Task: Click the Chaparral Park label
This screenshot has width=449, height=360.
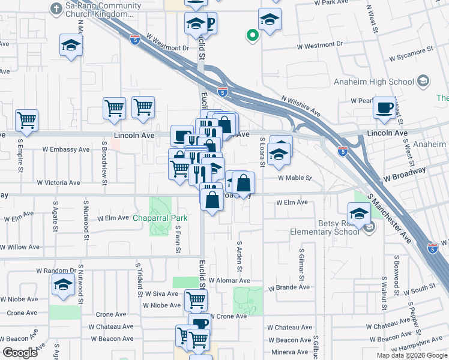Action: pyautogui.click(x=160, y=218)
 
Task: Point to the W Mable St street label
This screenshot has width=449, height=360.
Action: pyautogui.click(x=295, y=178)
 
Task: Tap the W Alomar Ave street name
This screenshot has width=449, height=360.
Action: pyautogui.click(x=229, y=280)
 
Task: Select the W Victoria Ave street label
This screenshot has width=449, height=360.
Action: pyautogui.click(x=58, y=182)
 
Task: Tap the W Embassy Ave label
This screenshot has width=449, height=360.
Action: pyautogui.click(x=66, y=149)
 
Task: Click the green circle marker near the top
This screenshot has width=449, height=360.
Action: pyautogui.click(x=253, y=35)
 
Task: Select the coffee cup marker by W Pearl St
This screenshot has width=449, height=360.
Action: pyautogui.click(x=384, y=108)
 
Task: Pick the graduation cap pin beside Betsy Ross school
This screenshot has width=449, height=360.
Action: pyautogui.click(x=359, y=214)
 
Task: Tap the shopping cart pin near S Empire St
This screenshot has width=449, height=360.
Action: pyautogui.click(x=26, y=121)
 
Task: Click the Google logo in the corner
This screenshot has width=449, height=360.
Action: pyautogui.click(x=20, y=353)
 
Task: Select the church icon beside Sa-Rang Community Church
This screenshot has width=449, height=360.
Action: pyautogui.click(x=56, y=9)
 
